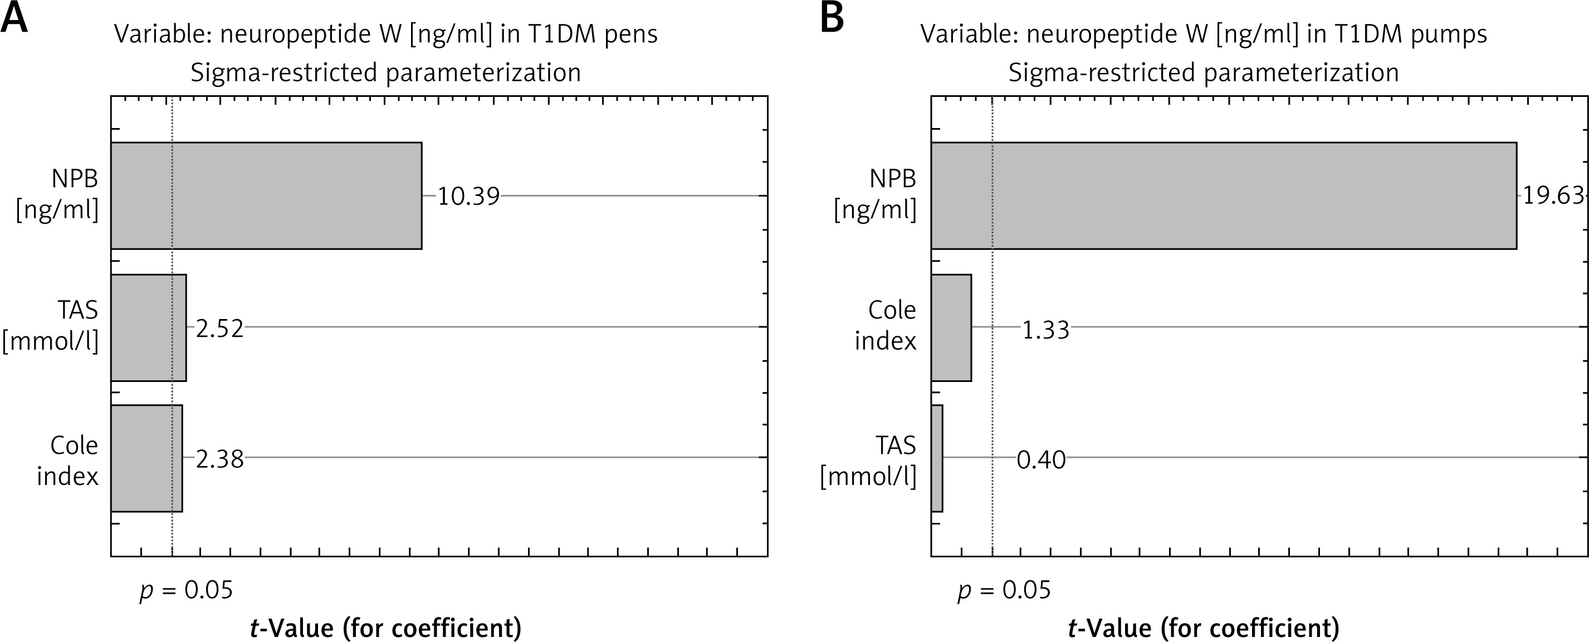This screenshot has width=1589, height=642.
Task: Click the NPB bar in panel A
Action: (266, 195)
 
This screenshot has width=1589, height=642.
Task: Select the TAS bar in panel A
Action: (149, 327)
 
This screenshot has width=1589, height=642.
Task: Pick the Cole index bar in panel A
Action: (147, 458)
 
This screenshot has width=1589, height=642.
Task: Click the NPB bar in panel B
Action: (1223, 195)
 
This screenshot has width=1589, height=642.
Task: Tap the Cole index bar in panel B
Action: (951, 327)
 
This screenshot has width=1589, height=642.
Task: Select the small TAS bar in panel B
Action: (937, 458)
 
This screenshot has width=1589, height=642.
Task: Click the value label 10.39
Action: (468, 197)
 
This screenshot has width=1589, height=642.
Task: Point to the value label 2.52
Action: (219, 329)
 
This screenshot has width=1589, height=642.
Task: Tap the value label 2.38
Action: (219, 459)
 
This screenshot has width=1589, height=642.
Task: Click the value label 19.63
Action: (1552, 195)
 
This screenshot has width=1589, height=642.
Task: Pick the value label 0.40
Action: (1042, 460)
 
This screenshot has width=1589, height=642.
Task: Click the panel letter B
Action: (832, 18)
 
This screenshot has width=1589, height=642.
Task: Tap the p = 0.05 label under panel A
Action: (186, 591)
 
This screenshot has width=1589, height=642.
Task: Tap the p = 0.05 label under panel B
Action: (1004, 591)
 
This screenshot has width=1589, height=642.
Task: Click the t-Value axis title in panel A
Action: (385, 628)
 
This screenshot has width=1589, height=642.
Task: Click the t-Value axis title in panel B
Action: (1204, 628)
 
